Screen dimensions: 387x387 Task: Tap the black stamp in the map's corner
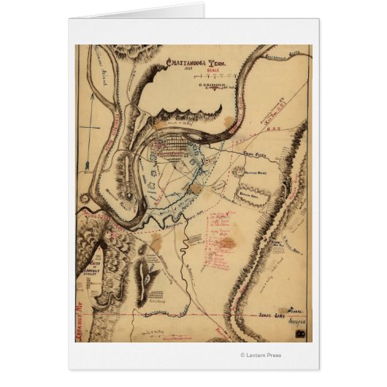tap(301, 334)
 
